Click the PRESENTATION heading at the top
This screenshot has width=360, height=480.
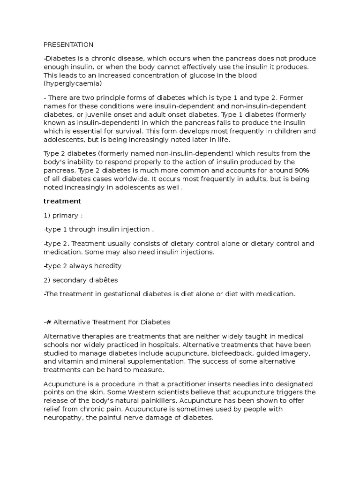click(x=68, y=45)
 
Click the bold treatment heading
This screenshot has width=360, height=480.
click(x=62, y=201)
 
